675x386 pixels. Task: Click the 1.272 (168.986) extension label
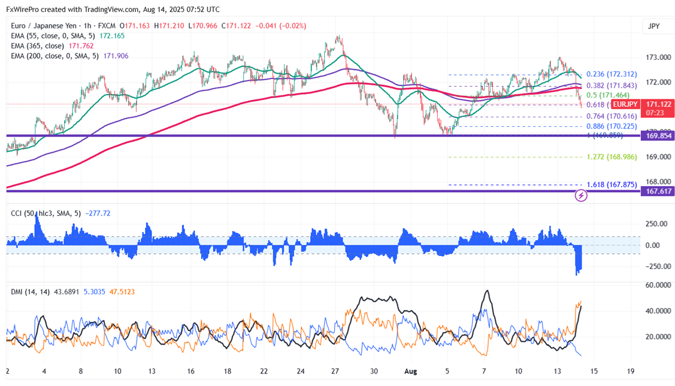(x=611, y=157)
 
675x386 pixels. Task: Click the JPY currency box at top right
(x=654, y=26)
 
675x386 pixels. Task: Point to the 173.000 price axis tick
(x=658, y=57)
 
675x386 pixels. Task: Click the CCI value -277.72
(x=99, y=213)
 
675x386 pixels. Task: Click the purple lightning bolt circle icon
(x=580, y=195)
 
